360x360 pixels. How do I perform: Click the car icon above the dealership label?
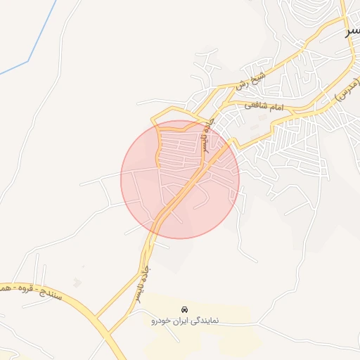(185, 309)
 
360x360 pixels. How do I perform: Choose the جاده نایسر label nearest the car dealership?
(142, 285)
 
